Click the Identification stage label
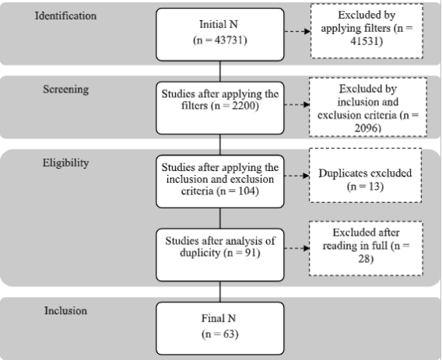[x=65, y=16]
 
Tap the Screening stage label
[x=65, y=89]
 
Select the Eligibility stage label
[x=65, y=163]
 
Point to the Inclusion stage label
[x=65, y=310]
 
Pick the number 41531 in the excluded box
[x=365, y=41]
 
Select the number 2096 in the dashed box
[x=367, y=128]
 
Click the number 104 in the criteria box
[x=247, y=191]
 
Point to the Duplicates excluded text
[x=365, y=173]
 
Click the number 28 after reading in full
[x=364, y=259]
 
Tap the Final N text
[x=219, y=318]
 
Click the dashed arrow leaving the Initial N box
[x=297, y=31]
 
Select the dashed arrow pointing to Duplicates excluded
[x=296, y=176]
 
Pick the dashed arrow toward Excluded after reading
[x=296, y=248]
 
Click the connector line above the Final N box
[x=220, y=292]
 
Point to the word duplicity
[x=200, y=253]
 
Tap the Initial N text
[x=219, y=24]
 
